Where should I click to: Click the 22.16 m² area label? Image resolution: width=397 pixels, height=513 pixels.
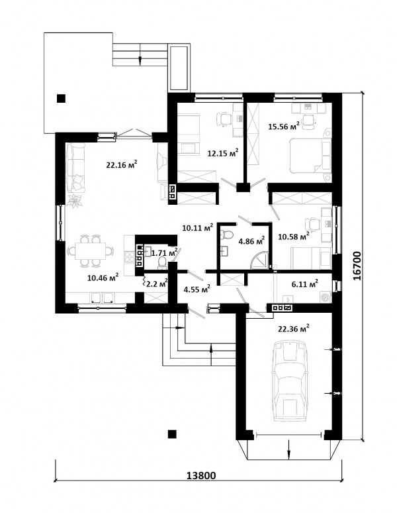coord(122,164)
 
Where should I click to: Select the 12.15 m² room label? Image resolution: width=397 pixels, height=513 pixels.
coord(223,152)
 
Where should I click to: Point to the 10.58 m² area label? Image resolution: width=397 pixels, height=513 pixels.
coord(294,236)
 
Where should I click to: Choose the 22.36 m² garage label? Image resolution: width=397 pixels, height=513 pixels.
coord(294,329)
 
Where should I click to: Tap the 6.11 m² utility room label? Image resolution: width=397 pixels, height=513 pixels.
coord(305,284)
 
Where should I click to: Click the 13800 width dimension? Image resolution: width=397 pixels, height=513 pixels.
coord(201,475)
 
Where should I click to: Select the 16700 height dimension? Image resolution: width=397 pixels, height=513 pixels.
coord(357,266)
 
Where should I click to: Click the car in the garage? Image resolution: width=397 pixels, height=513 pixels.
coord(290,381)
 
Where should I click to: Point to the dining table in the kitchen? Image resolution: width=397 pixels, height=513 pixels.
coord(91,251)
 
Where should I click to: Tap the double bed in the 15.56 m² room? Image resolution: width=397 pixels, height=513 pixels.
coord(310,155)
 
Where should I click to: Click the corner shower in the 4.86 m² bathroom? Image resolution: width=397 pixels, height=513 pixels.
coord(260,260)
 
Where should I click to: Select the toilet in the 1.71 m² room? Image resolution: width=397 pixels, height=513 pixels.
coord(162,262)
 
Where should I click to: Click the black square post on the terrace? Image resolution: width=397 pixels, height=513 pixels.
coord(61,99)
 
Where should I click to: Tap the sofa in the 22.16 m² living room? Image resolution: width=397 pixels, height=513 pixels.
coord(75,168)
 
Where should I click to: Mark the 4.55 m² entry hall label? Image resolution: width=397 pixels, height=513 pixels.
coord(197,289)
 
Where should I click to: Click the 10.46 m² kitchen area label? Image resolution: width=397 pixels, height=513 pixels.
coord(103,278)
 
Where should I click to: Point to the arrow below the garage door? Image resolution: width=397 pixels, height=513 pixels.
coord(289,447)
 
